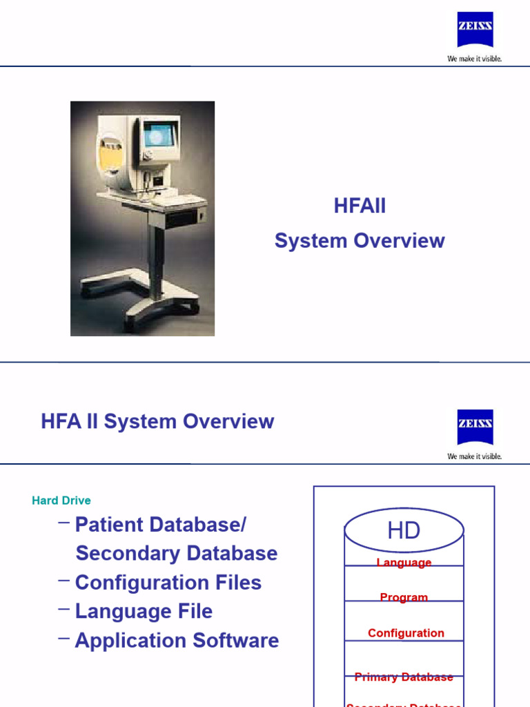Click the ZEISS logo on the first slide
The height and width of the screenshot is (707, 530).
(475, 30)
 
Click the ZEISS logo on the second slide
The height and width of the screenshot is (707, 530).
(475, 427)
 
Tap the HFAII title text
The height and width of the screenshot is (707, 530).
(360, 206)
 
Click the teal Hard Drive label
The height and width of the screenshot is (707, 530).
(61, 501)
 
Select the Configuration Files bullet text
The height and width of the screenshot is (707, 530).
(168, 583)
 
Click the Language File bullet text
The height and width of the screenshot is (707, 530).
(144, 612)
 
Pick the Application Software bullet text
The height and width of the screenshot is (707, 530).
(177, 641)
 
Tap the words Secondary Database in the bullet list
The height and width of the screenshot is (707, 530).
(176, 554)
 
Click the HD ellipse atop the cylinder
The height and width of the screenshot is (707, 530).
(404, 531)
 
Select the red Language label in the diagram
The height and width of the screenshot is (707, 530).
(404, 563)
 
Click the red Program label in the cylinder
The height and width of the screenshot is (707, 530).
(404, 598)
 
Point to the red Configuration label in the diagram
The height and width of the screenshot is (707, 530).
(406, 633)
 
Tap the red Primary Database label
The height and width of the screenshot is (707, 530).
(404, 677)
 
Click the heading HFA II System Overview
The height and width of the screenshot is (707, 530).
(157, 422)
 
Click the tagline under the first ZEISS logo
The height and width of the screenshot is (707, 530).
(475, 59)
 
